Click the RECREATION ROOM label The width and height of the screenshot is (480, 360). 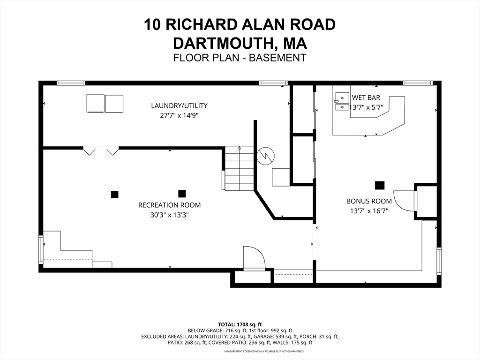[x=169, y=205]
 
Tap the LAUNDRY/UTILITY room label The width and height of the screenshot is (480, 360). [x=179, y=105]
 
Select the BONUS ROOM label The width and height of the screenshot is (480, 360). [x=369, y=201]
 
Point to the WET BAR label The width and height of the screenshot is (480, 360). [x=366, y=98]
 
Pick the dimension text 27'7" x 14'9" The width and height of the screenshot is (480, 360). [x=179, y=115]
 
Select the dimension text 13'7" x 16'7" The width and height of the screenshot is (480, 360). [x=369, y=211]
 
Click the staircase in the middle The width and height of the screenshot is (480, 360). [x=239, y=168]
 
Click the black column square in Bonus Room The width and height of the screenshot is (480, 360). [x=380, y=185]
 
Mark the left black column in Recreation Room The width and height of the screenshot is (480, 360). [x=114, y=194]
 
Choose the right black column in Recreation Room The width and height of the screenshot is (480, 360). [x=182, y=193]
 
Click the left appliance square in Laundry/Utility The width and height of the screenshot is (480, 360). [x=95, y=104]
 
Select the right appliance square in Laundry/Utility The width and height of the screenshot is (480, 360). [x=114, y=104]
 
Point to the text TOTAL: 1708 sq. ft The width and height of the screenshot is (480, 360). [x=240, y=324]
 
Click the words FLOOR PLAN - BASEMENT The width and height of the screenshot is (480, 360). [x=240, y=58]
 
